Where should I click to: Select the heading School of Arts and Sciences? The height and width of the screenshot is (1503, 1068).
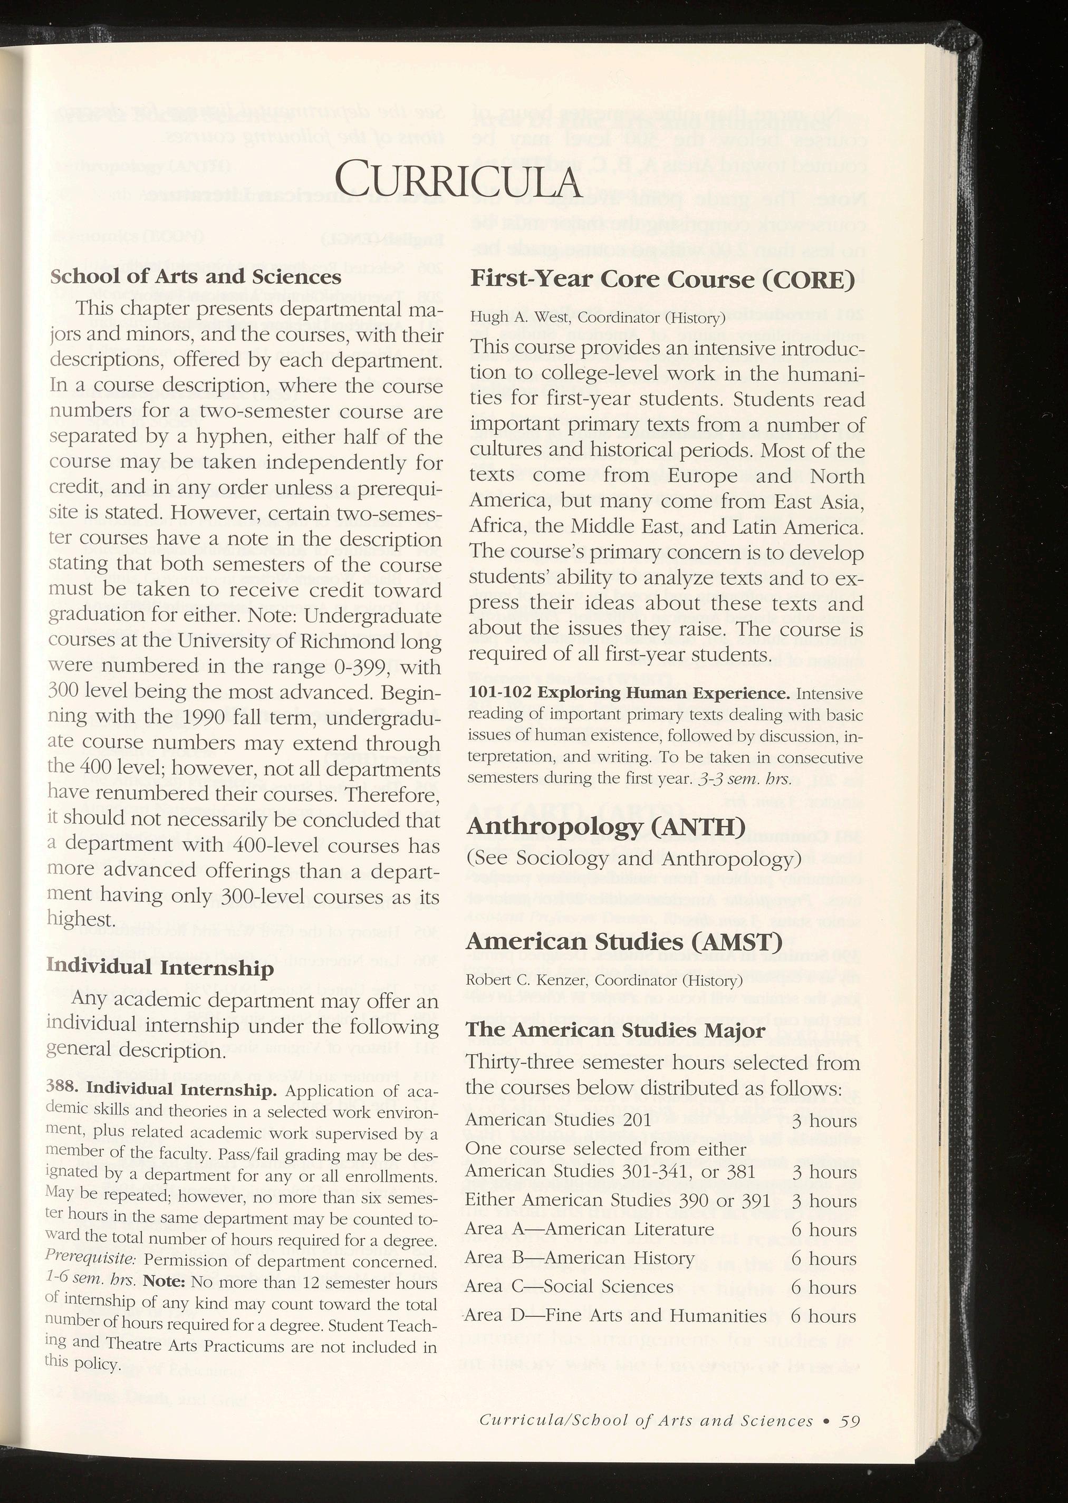pyautogui.click(x=195, y=276)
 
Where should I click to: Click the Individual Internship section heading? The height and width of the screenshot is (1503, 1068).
pyautogui.click(x=160, y=967)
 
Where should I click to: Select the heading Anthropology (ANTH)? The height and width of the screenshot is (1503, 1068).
pyautogui.click(x=605, y=827)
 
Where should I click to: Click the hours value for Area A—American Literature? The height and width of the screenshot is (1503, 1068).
pyautogui.click(x=824, y=1229)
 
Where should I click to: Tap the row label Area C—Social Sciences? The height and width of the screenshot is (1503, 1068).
pyautogui.click(x=569, y=1287)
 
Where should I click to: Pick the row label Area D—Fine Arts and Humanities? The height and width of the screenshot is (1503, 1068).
pyautogui.click(x=615, y=1316)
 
